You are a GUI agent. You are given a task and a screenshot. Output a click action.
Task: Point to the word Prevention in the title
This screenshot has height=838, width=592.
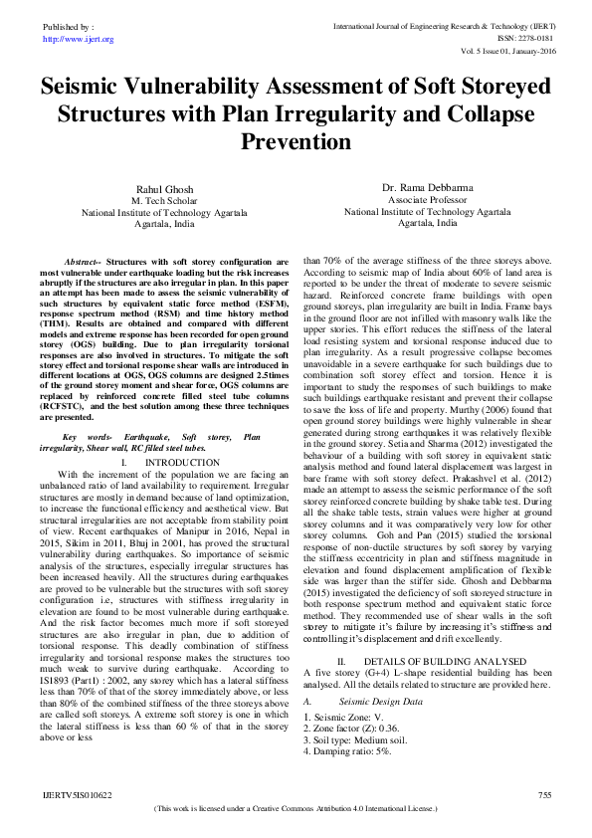coord(296,141)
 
